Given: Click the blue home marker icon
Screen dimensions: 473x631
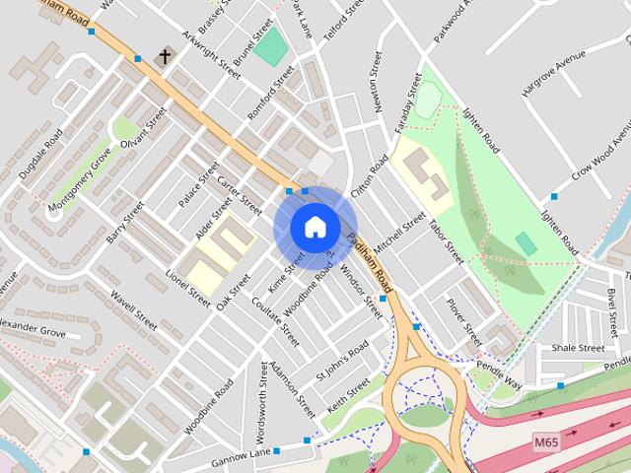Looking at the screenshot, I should (315, 228).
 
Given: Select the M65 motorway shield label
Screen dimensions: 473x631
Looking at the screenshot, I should (545, 442).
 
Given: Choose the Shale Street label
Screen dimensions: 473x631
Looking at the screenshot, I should (578, 348).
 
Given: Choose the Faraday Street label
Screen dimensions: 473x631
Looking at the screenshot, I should (407, 104).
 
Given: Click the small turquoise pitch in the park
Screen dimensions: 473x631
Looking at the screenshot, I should (526, 243).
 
